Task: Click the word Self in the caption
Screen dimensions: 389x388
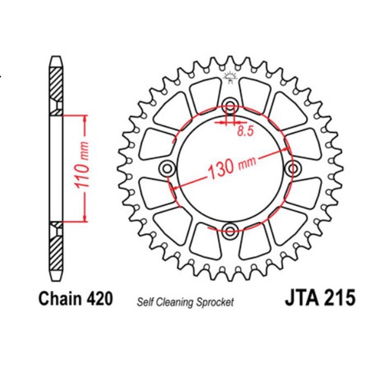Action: coord(145,301)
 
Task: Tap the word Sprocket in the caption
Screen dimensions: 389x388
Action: coord(217,301)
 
